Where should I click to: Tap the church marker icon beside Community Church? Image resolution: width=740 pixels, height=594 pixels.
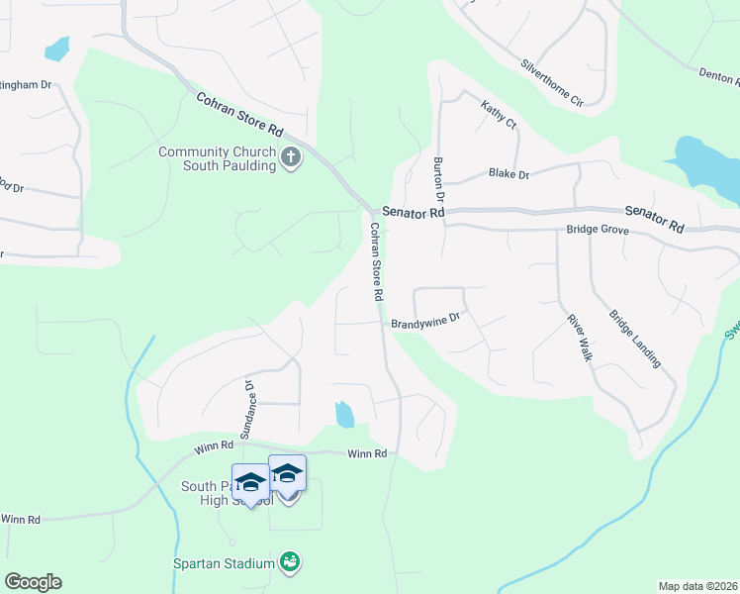[x=291, y=157]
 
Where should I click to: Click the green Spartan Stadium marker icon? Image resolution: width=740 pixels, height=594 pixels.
[x=290, y=563]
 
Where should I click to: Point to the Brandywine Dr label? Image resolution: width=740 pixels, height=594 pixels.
[x=426, y=322]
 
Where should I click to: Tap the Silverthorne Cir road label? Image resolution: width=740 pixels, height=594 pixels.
[x=552, y=82]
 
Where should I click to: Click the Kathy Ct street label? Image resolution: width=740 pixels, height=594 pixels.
[x=499, y=114]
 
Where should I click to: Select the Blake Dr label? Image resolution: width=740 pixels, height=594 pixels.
[x=509, y=174]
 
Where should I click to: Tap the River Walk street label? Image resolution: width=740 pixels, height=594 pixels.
[x=578, y=338]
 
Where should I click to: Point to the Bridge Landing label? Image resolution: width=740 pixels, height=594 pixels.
[x=634, y=339]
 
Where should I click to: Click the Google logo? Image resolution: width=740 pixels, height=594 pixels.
[x=33, y=582]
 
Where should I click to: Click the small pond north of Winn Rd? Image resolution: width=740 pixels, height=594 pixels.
[x=344, y=415]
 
